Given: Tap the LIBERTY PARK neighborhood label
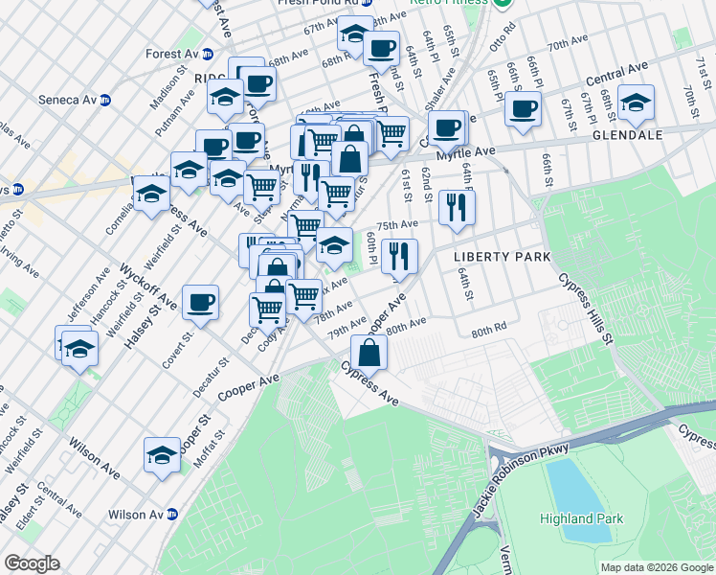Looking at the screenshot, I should pos(502,257).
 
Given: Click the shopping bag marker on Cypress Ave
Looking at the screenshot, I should pos(369,354).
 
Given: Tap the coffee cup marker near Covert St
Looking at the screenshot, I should pos(200,303).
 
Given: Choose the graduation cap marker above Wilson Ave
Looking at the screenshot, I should pos(162,455).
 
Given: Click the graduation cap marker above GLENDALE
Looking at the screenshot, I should pos(636,104).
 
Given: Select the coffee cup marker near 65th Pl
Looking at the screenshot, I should pos(523,108).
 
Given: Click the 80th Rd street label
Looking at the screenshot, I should pos(487,332).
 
